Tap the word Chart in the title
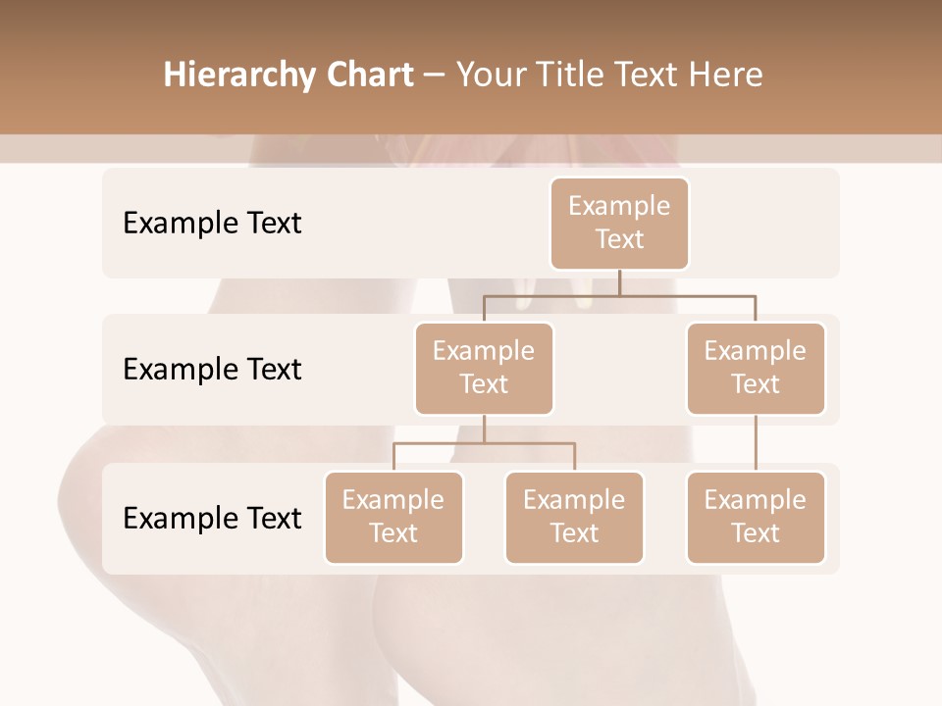point(366,76)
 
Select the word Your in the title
point(487,76)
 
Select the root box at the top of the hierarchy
point(619,223)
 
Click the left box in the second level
point(484,368)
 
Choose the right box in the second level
point(756,368)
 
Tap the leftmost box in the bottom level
point(393,517)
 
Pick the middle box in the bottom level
point(574,517)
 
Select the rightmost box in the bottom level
point(756,517)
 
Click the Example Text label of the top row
point(212,224)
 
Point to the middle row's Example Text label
point(212,370)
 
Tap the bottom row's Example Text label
point(212,518)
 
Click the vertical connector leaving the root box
point(619,282)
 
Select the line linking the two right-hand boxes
point(756,442)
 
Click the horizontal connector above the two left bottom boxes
point(484,443)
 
